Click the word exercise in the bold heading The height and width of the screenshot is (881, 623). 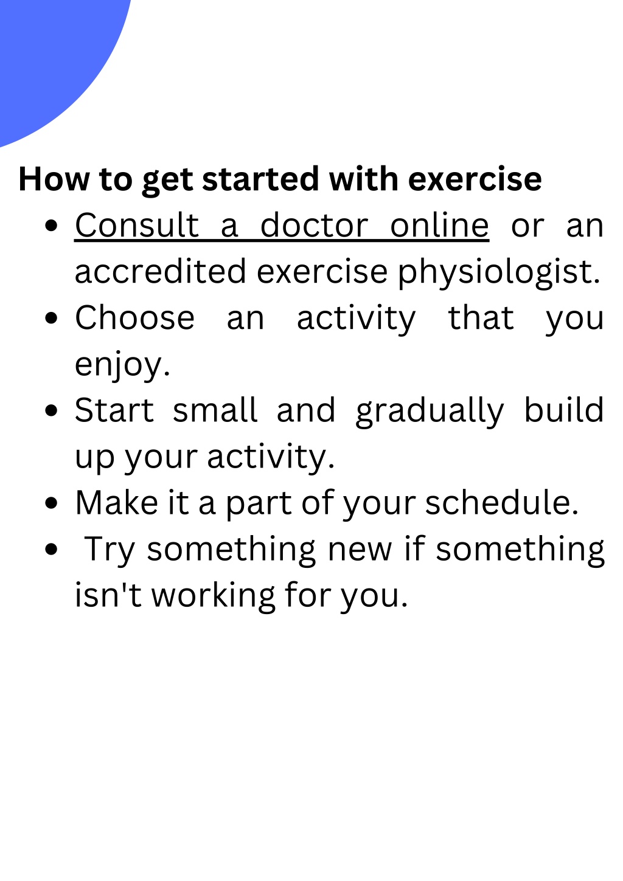pos(475,179)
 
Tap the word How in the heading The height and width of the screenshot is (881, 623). pos(54,179)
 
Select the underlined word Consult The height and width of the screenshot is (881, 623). pos(137,226)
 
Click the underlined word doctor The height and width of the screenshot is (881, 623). pos(314,226)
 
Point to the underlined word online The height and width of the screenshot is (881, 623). pos(439,226)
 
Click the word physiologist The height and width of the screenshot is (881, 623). pos(499,272)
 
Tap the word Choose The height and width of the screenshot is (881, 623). pos(134,318)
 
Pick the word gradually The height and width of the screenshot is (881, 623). pos(430,412)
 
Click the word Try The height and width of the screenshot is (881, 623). pos(109,550)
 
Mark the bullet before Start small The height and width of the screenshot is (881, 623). pos(52,410)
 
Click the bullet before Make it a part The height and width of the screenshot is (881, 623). pos(52,503)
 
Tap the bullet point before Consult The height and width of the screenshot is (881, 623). pos(52,226)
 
